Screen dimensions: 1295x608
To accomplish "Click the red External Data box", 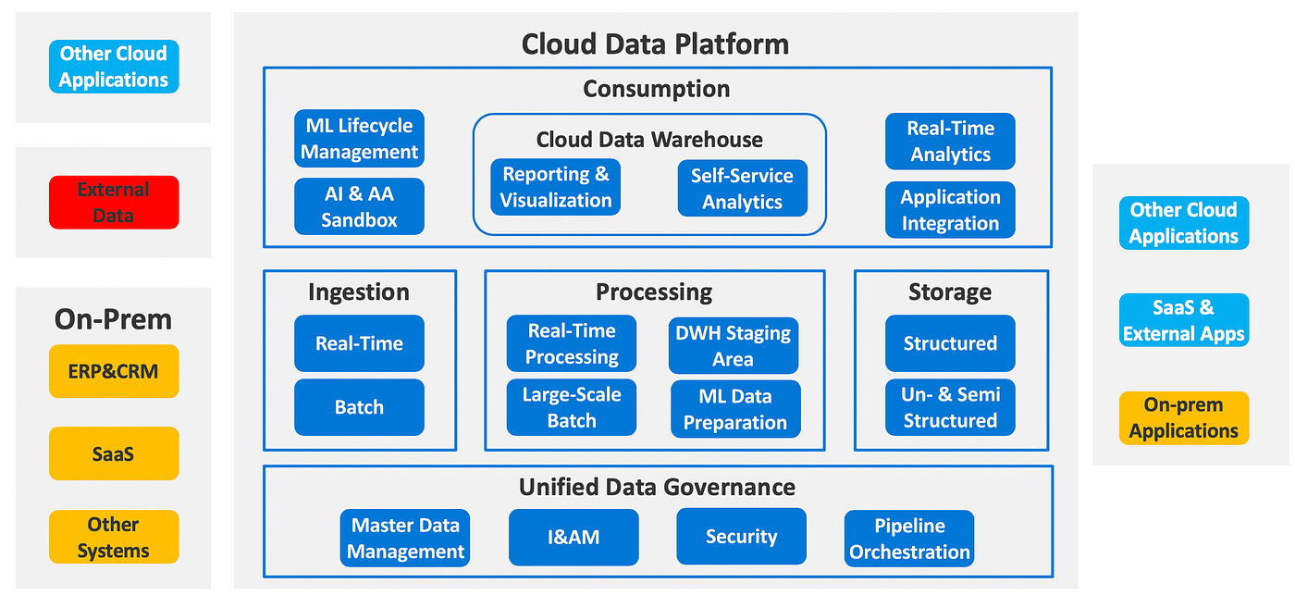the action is point(114,203).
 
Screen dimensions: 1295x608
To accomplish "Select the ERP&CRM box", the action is point(114,371).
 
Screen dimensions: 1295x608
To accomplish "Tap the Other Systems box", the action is point(114,537).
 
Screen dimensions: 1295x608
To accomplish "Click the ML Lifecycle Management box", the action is point(359,139).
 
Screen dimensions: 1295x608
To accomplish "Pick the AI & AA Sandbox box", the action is point(359,206).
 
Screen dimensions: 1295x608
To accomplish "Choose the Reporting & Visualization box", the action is point(556,187).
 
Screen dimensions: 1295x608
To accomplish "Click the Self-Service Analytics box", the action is point(742,189).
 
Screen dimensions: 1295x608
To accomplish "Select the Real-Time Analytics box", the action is point(951,142).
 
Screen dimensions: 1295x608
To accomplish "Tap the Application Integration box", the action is point(951,210).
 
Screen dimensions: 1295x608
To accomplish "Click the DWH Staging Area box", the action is point(734,345).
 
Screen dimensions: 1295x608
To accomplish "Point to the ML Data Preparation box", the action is point(736,409).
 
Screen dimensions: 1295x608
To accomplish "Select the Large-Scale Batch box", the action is point(572,407).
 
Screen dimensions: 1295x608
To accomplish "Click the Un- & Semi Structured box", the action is point(951,407).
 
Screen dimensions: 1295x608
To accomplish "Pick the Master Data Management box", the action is point(405,538).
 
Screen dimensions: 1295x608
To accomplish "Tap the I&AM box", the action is point(574,538).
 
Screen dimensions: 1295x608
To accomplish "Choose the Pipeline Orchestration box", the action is point(909,539).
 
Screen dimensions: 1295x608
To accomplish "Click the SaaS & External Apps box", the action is point(1184,320).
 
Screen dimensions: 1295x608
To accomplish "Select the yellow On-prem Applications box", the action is point(1184,418).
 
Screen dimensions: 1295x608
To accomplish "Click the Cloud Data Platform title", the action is point(655,44).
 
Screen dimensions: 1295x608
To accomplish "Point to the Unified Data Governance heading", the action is point(657,487).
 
